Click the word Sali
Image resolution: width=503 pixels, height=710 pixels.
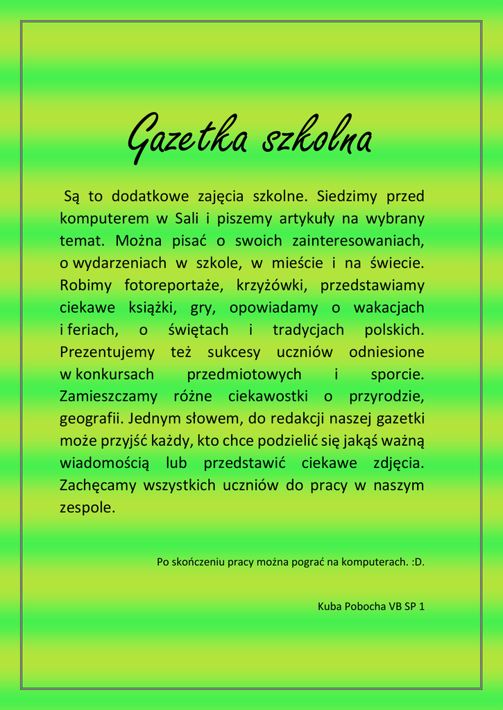pos(187,218)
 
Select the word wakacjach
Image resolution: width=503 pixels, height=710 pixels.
pos(389,307)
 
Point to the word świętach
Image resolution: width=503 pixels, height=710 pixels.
pos(198,329)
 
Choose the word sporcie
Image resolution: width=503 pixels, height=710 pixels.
pos(397,374)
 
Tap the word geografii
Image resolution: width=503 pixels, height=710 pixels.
pos(91,419)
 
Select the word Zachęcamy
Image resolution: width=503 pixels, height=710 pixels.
pos(98,485)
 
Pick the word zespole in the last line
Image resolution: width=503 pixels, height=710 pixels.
pos(87,508)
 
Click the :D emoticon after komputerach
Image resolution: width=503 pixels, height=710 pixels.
pos(418,562)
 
